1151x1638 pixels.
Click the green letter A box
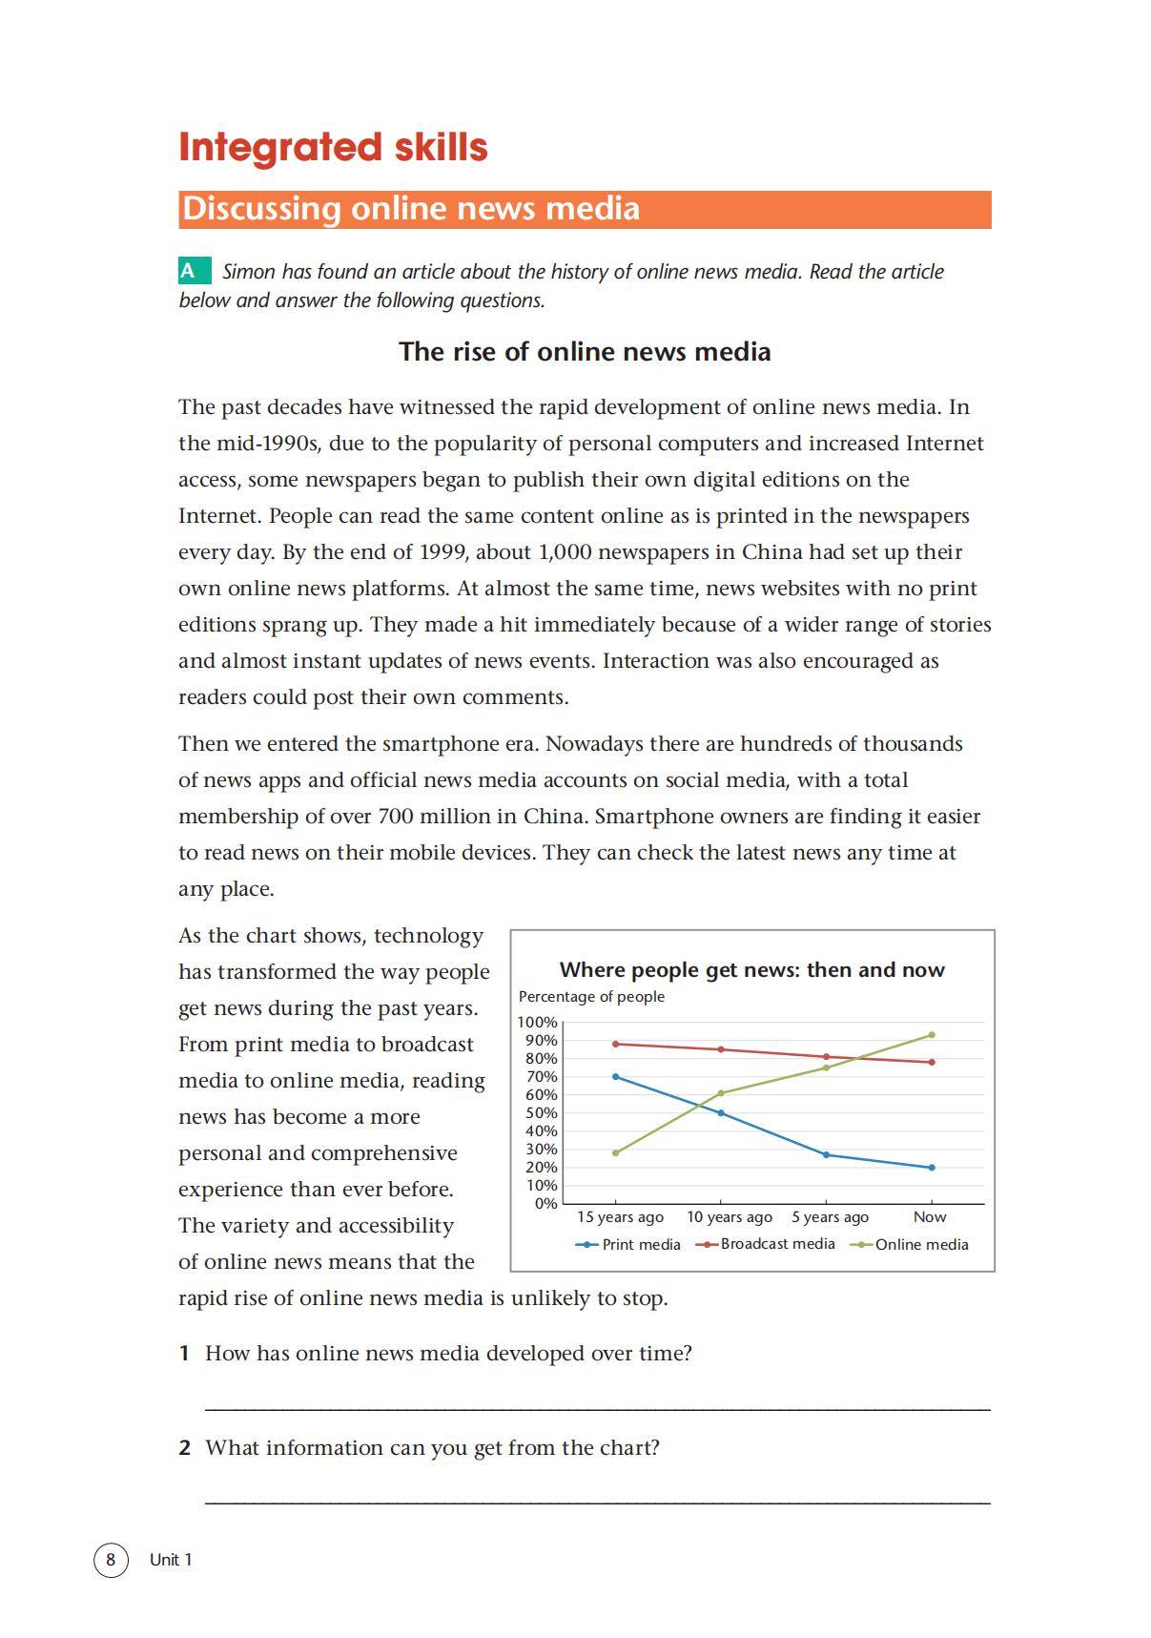click(195, 271)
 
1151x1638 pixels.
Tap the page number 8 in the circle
click(111, 1560)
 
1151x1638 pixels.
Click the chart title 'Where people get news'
click(751, 970)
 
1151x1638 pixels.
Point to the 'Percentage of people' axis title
click(591, 997)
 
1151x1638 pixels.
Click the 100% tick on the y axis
click(537, 1022)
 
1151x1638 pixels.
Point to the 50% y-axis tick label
click(541, 1113)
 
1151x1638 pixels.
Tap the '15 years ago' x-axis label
click(620, 1217)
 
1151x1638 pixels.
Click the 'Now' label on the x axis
click(930, 1217)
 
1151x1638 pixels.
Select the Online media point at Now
click(932, 1035)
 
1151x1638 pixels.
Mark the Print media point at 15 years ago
click(615, 1077)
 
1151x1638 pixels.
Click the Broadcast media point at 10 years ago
click(720, 1049)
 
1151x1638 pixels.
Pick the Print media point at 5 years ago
click(826, 1155)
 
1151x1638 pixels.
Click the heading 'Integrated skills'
click(333, 148)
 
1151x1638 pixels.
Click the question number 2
click(185, 1448)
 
